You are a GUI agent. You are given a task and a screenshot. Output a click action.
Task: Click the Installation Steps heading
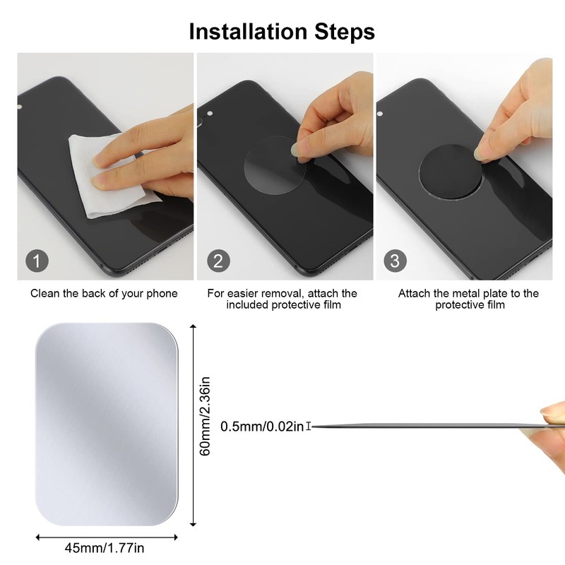tap(282, 31)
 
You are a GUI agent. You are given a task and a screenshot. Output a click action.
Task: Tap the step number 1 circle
tap(37, 261)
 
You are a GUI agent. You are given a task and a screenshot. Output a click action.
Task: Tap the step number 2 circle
tap(218, 261)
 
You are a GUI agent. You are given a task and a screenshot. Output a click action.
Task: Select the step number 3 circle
tap(395, 261)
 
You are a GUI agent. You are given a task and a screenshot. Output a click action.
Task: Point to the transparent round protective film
tap(275, 166)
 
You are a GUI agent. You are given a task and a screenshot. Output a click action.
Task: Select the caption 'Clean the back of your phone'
tap(104, 293)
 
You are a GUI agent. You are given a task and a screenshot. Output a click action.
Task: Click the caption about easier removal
tap(282, 299)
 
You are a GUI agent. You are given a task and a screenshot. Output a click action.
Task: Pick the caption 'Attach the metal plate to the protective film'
tap(468, 299)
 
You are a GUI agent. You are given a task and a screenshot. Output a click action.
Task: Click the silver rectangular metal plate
tap(107, 424)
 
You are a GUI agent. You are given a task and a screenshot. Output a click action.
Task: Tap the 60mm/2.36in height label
tap(205, 417)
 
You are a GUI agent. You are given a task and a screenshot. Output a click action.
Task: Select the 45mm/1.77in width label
tap(105, 548)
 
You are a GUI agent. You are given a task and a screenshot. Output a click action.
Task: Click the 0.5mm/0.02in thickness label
tap(262, 427)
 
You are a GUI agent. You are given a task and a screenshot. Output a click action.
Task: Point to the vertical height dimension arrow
tap(193, 425)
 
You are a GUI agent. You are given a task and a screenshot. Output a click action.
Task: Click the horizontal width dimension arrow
tap(107, 537)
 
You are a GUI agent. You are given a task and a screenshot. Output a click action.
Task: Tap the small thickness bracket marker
tap(309, 427)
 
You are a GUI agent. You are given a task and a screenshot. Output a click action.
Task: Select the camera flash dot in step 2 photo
tap(210, 114)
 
